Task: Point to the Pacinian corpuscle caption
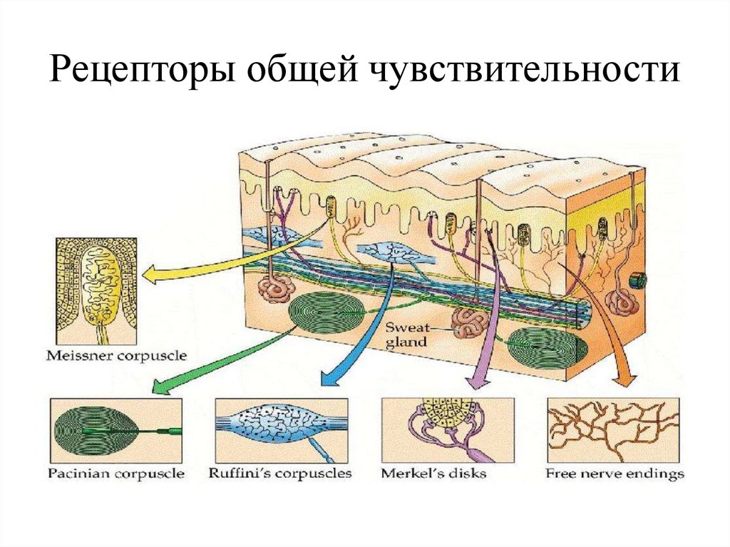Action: point(116,474)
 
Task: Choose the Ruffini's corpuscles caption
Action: point(281,474)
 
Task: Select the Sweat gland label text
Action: point(406,334)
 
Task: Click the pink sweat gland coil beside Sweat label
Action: point(471,322)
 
